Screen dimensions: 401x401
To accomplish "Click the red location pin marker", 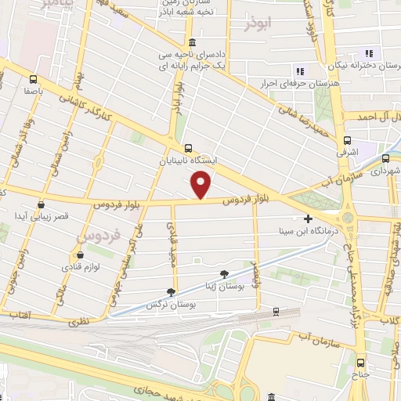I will tap(202, 185).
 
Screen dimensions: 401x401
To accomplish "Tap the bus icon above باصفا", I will tap(33, 78).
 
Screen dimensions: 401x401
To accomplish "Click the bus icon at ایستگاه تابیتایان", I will tap(187, 147).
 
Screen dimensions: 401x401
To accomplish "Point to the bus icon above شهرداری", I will tap(385, 157).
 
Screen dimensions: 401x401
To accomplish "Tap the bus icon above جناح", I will tap(361, 362).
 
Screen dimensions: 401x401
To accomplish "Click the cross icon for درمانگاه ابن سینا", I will tap(309, 219).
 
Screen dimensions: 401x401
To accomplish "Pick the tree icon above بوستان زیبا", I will tap(225, 273).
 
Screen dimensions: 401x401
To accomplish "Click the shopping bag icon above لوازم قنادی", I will tap(80, 254).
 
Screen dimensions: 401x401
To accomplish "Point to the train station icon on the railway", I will tap(276, 311).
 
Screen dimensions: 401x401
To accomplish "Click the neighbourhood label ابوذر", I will tap(260, 23).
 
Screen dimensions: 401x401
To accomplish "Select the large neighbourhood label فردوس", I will tap(98, 234).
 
